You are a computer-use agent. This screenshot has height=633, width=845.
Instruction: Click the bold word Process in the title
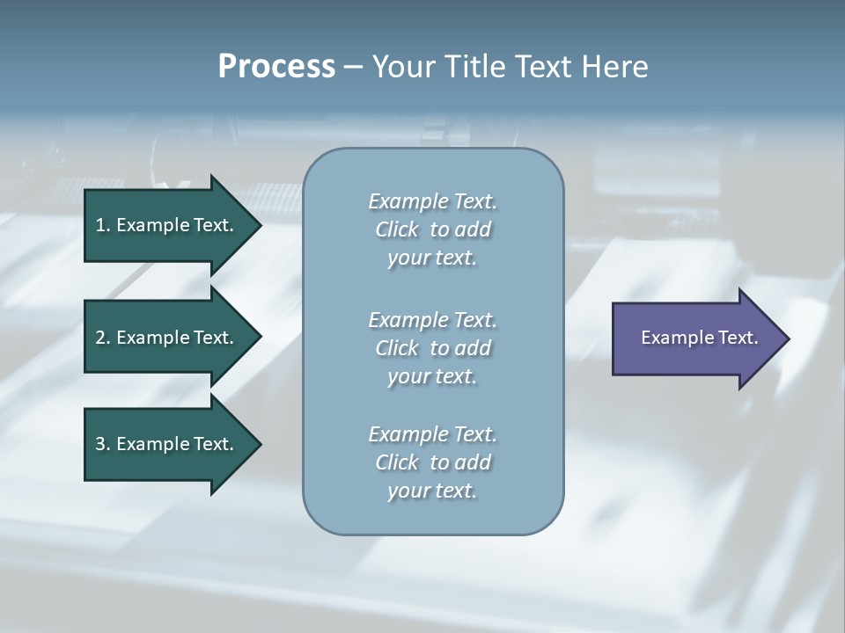[x=276, y=67]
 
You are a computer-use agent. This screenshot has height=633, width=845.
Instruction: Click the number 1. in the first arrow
[x=103, y=225]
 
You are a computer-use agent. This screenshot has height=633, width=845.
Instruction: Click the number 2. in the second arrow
[x=103, y=338]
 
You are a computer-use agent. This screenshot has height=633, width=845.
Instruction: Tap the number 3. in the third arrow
[x=103, y=444]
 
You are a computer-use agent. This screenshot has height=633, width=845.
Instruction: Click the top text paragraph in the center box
[x=432, y=229]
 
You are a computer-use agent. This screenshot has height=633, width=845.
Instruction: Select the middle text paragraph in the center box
[x=432, y=347]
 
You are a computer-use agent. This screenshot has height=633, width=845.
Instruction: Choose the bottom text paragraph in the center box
[x=432, y=462]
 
